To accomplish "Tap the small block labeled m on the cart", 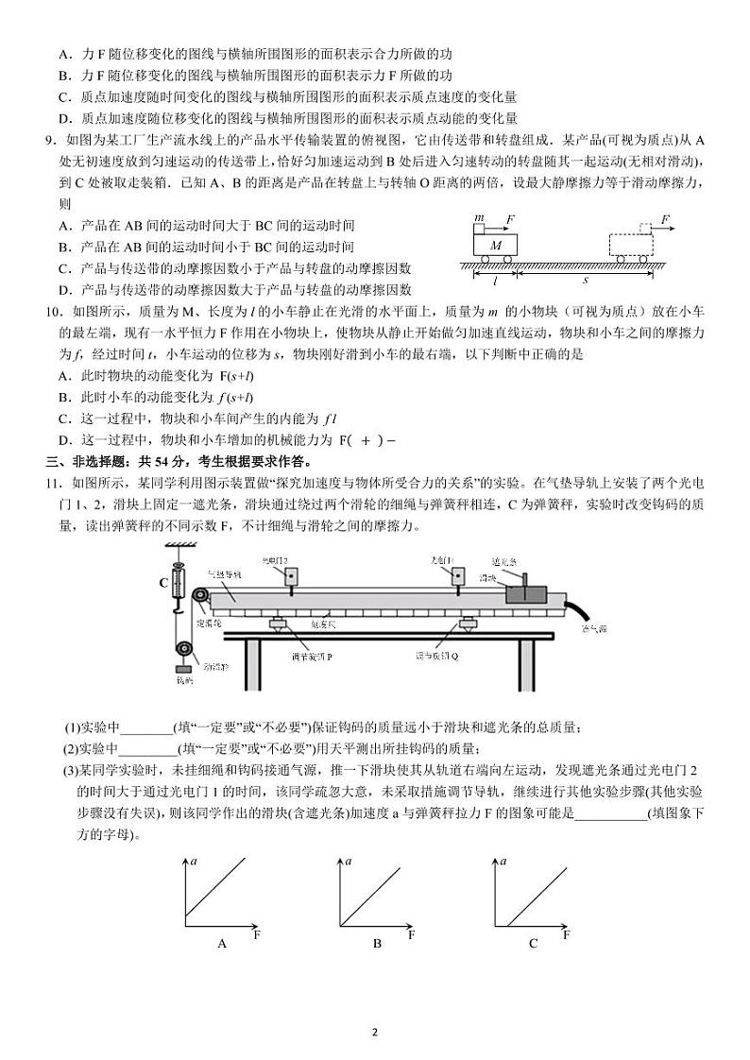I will pos(480,228).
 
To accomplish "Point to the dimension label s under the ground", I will pos(585,281).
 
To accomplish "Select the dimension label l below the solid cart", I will pos(495,281).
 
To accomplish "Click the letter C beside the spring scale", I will pos(163,584).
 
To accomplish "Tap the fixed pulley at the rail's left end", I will pos(200,598).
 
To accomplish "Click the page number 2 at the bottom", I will pos(375,1032).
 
